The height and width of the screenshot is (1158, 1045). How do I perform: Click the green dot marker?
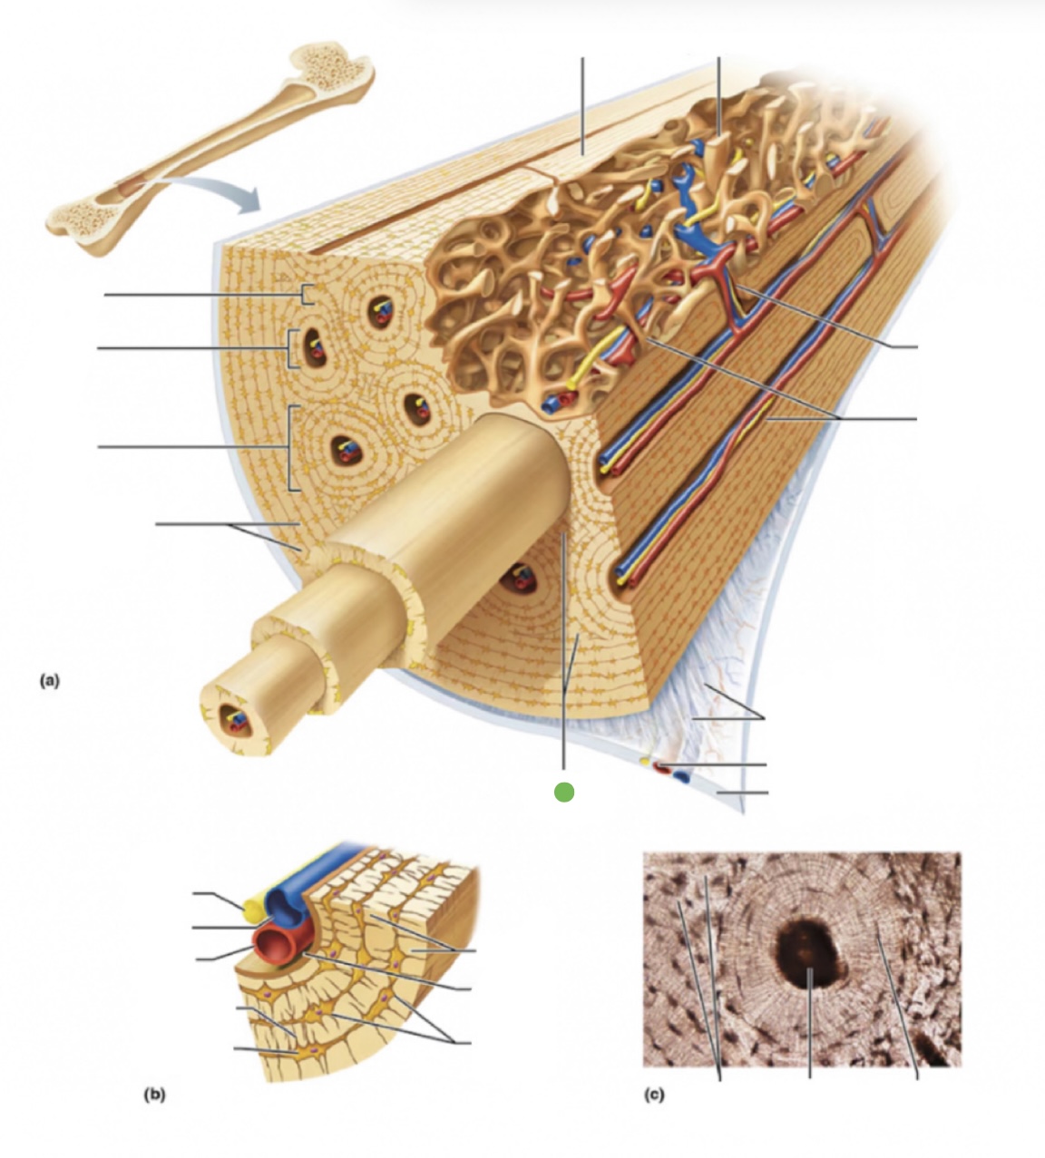point(564,792)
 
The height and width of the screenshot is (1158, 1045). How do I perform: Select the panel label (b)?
point(154,1095)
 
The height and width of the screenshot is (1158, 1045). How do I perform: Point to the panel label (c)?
point(654,1095)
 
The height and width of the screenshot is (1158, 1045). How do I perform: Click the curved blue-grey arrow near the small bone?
point(218,190)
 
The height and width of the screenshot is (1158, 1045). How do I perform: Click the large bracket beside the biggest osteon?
point(292,448)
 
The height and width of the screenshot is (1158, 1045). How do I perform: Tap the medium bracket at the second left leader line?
point(291,347)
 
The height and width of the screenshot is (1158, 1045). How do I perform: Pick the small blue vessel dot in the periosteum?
point(680,778)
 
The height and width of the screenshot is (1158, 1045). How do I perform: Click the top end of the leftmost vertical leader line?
point(583,60)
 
